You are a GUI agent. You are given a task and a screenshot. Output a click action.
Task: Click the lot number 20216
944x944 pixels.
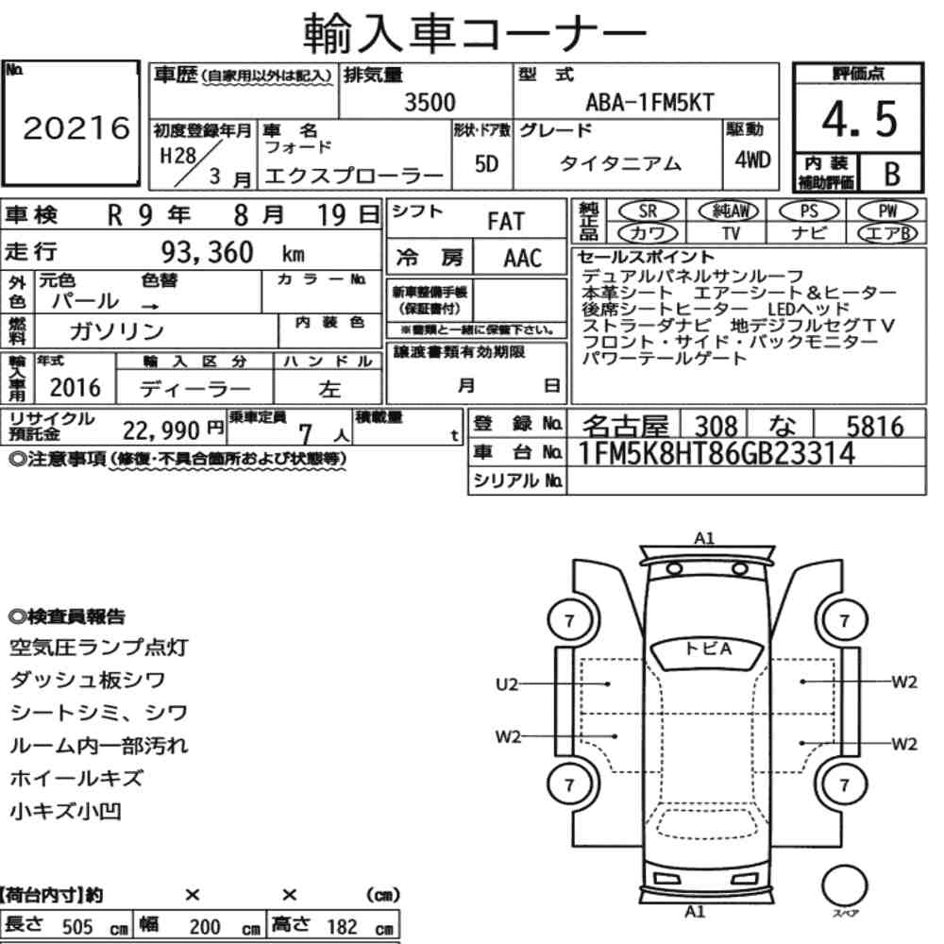click(x=76, y=127)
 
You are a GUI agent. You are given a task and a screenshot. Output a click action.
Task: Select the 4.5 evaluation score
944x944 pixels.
click(x=859, y=119)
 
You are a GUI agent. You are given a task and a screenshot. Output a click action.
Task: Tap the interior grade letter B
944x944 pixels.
click(x=892, y=174)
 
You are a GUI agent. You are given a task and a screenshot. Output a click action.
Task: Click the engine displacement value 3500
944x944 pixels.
click(x=430, y=102)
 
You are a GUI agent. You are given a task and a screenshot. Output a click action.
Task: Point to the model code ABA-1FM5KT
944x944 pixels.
click(x=649, y=102)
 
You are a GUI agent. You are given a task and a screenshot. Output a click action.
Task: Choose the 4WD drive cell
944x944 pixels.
click(x=752, y=160)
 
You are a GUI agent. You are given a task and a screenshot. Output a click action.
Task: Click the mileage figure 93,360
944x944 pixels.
click(x=207, y=252)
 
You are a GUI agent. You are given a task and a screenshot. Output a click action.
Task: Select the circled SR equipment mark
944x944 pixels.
click(x=648, y=211)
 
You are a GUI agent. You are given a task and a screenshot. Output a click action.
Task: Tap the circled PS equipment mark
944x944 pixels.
click(x=809, y=211)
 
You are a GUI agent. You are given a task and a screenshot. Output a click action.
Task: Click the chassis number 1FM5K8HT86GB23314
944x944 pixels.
click(x=716, y=453)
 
